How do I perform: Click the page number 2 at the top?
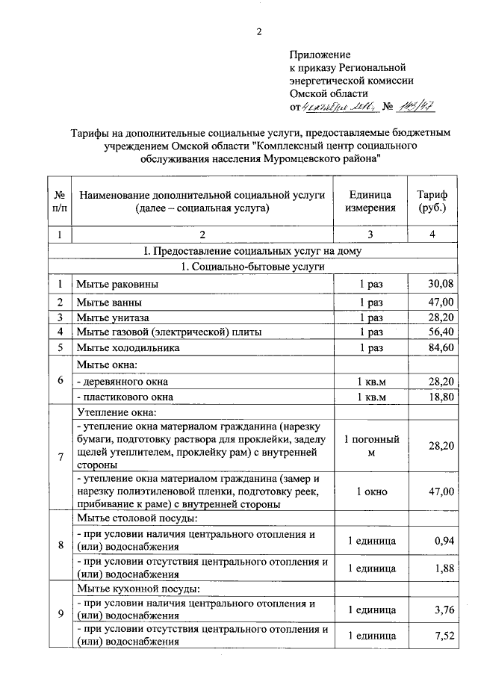click(258, 31)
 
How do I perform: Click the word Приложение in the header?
click(319, 55)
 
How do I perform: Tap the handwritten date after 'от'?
click(336, 106)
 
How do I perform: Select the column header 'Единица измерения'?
click(370, 201)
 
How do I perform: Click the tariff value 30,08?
click(440, 284)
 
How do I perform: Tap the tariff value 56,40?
click(440, 331)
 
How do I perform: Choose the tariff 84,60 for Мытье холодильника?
click(440, 347)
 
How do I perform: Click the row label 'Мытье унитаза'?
click(113, 317)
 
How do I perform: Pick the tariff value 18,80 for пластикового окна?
click(440, 397)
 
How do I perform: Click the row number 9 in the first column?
click(59, 614)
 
